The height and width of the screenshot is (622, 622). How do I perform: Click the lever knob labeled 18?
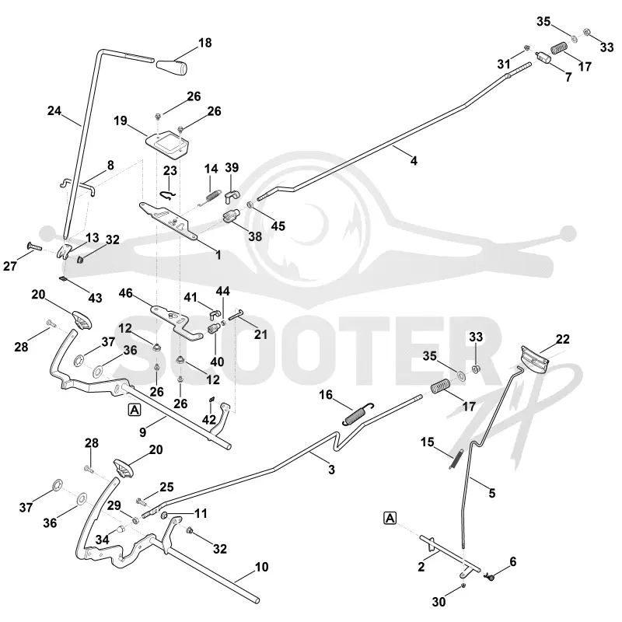[172, 67]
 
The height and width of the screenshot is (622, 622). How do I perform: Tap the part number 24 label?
[54, 110]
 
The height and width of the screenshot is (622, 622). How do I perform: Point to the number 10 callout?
[261, 567]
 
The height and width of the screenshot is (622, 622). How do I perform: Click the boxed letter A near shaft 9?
[135, 410]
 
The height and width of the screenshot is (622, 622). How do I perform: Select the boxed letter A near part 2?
[390, 518]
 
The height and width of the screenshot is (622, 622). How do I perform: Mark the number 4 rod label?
[414, 161]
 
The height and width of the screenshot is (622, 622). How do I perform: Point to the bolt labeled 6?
[490, 577]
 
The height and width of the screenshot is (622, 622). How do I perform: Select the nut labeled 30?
[463, 585]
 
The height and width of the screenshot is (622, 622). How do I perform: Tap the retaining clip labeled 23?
[169, 194]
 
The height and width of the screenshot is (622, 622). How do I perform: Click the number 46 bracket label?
[126, 293]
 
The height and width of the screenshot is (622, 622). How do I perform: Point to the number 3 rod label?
[332, 470]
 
